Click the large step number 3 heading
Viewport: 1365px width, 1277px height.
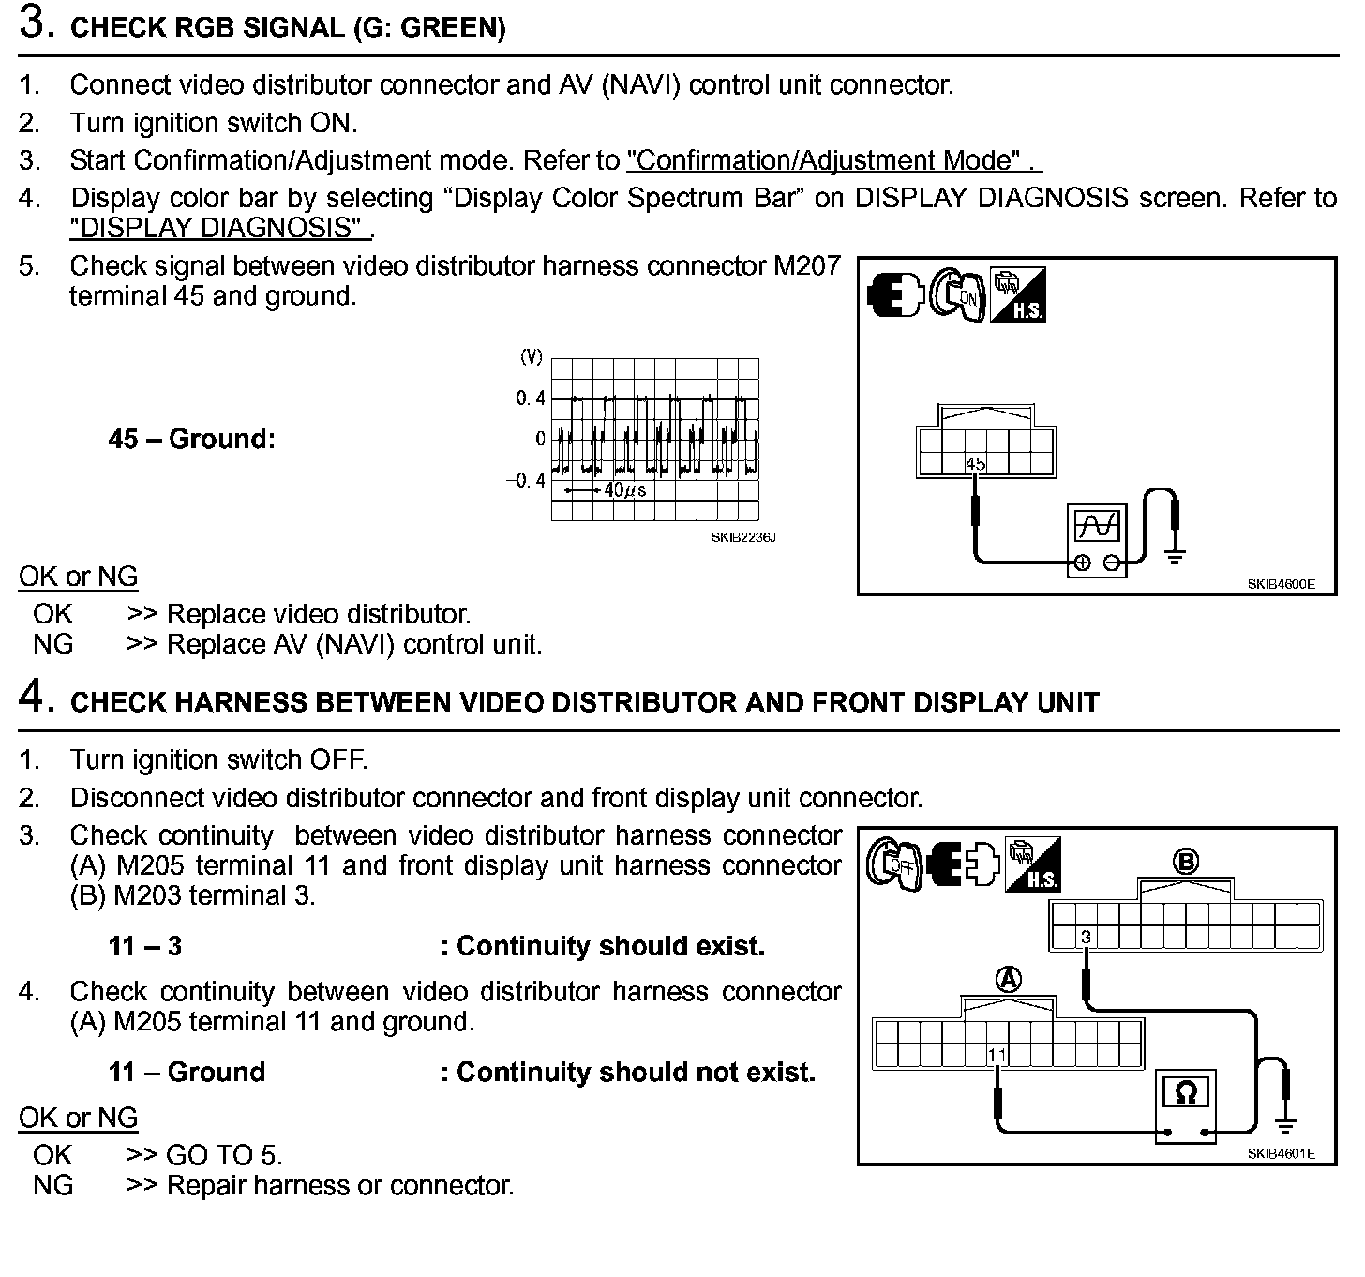tap(35, 23)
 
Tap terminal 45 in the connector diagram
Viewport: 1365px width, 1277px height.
tap(975, 463)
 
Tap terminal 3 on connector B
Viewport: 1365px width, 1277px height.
tap(1086, 937)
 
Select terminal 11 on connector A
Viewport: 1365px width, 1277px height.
tap(997, 1056)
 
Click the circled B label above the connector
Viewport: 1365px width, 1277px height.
tap(1185, 861)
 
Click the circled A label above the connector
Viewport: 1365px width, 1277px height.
tap(1008, 981)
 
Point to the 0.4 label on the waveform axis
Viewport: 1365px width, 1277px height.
tap(531, 398)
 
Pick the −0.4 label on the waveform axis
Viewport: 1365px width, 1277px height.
tap(526, 481)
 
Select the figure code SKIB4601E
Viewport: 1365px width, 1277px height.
tap(1281, 1153)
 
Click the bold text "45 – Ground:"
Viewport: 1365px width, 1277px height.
tap(192, 439)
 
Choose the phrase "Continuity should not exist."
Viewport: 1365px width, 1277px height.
tap(636, 1072)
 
